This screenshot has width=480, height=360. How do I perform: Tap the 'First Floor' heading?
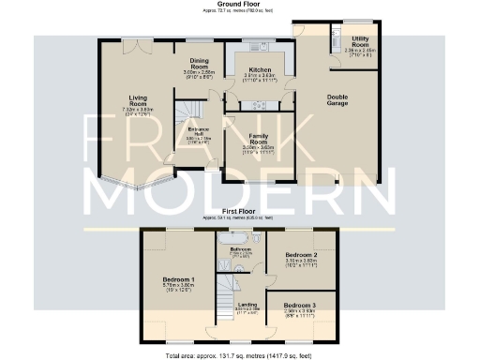[241, 213]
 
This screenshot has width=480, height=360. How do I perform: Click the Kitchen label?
[259, 70]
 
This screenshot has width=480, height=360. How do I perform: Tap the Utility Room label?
[360, 39]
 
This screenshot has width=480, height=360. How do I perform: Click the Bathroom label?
[241, 248]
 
